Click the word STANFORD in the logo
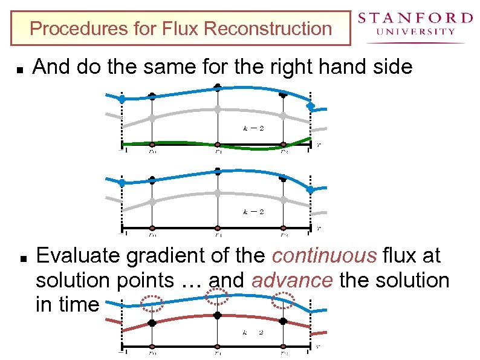coord(415,18)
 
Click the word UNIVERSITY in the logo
coord(415,31)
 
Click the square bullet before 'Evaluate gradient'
coord(21,258)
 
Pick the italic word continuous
coord(324,256)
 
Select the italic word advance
coord(292,281)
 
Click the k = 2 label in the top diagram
coord(253,128)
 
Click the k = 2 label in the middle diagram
coord(253,212)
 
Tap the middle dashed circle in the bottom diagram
coord(217,296)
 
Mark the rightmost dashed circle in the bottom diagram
coord(282,301)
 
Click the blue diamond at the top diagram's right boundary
coord(311,106)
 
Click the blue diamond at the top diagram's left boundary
coord(122,99)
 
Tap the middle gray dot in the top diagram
coord(218,110)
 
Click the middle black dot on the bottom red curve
coord(218,315)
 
